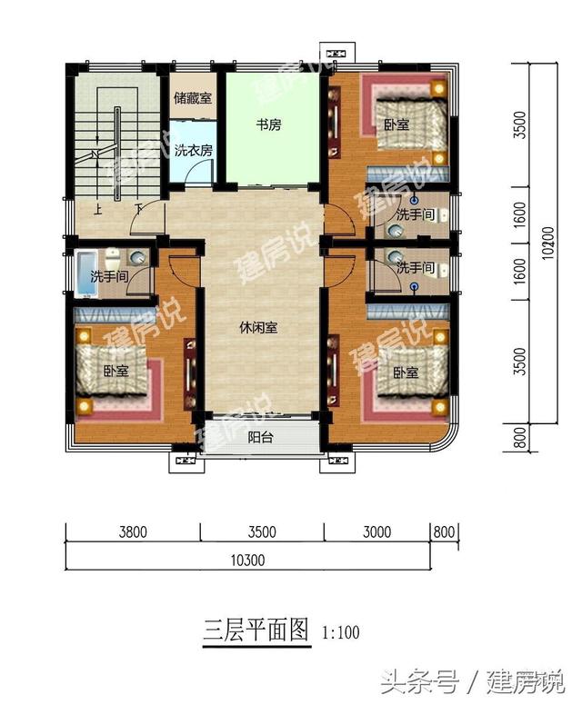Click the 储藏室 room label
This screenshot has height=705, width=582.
click(193, 97)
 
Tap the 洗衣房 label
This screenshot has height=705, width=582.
click(193, 151)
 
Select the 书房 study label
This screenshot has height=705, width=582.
click(268, 124)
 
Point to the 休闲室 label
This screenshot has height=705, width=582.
click(258, 328)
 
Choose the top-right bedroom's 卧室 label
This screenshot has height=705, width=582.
click(396, 124)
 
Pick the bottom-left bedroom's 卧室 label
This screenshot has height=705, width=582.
click(115, 371)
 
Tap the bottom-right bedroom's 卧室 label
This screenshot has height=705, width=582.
click(405, 372)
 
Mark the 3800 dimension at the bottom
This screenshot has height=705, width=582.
click(133, 533)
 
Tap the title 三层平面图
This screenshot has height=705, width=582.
click(255, 629)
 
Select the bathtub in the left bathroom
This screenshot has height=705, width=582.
click(86, 271)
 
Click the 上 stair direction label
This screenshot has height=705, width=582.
click(97, 209)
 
